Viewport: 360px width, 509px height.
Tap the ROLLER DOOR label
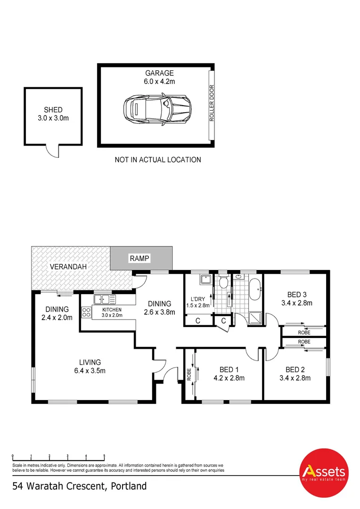pos(212,103)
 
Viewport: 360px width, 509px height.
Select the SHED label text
pos(53,110)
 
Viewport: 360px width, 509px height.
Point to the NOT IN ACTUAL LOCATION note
pos(158,160)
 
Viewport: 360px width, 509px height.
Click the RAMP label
pos(139,258)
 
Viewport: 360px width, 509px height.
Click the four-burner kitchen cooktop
pos(87,312)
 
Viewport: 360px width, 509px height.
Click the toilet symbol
pos(223,283)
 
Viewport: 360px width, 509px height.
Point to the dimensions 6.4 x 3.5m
pos(90,370)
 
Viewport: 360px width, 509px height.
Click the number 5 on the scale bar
pos(104,456)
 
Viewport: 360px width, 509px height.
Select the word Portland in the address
pos(129,486)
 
